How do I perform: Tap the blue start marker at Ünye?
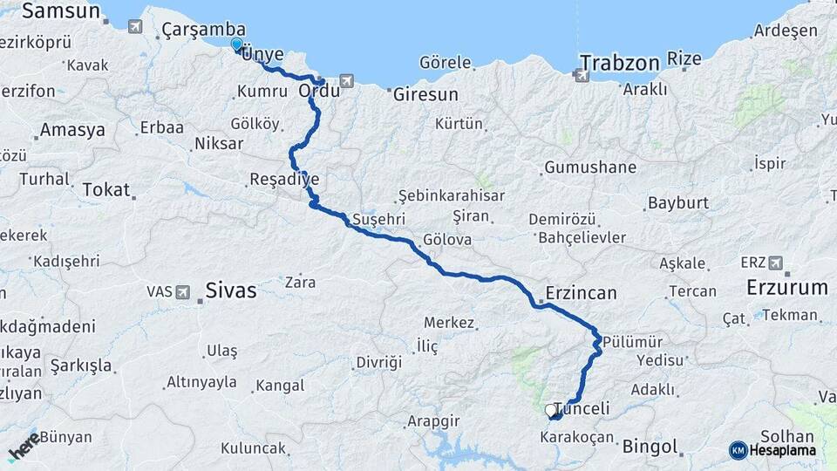(237, 44)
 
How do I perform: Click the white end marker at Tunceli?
(550, 410)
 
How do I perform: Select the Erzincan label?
(581, 293)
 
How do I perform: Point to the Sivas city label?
(231, 290)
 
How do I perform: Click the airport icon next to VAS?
(183, 292)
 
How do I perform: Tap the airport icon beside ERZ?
(775, 263)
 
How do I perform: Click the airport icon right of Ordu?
(348, 81)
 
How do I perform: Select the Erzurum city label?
(786, 287)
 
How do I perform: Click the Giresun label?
(425, 93)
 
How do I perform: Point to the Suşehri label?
(379, 218)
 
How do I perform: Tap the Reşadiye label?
(284, 180)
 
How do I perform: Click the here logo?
(24, 445)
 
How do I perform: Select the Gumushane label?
(590, 167)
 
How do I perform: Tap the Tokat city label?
(105, 189)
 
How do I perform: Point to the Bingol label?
(650, 447)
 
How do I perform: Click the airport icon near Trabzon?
(582, 75)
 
